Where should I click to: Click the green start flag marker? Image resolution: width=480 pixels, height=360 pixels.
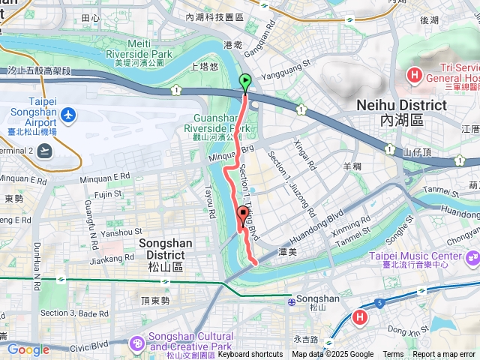245,82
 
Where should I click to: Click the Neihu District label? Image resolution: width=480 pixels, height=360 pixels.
401,112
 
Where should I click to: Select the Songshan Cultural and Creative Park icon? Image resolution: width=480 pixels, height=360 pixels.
137,343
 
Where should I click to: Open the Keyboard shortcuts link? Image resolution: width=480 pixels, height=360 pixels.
250,355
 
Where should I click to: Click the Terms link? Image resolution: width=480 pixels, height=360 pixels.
393,355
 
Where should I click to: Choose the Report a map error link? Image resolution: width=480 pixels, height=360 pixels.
445,355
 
